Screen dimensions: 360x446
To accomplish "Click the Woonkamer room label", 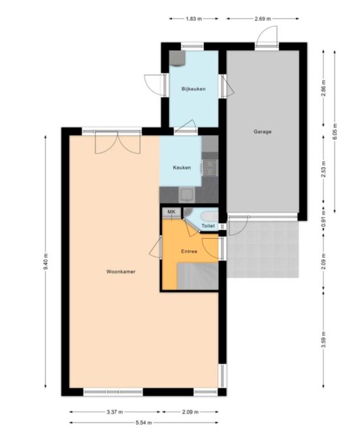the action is [121, 272].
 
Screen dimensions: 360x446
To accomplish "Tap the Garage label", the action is [263, 132].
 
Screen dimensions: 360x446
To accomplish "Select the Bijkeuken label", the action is [193, 89].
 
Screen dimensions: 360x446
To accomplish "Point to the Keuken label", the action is [182, 168].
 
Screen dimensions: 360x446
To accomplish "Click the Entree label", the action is [189, 251].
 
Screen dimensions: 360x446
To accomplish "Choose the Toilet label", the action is [208, 226].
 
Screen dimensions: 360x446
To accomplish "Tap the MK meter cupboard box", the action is [171, 212].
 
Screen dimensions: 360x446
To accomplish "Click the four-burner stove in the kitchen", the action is [210, 167].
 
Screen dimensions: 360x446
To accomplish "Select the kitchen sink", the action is [187, 195].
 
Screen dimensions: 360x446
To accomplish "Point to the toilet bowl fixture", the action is [209, 216].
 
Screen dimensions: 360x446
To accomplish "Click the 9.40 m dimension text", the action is [46, 262].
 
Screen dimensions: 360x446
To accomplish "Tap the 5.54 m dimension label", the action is [144, 422].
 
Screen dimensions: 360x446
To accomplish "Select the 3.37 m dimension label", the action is [115, 411].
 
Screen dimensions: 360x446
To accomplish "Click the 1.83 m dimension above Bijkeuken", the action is [193, 19].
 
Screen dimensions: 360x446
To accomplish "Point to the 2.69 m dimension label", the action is [263, 19].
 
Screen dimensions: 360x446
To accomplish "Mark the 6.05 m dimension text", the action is [335, 131].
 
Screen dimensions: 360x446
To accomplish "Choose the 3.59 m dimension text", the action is [323, 340].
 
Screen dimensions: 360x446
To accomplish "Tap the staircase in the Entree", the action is [197, 276].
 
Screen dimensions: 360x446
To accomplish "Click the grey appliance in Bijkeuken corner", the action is [177, 58].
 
